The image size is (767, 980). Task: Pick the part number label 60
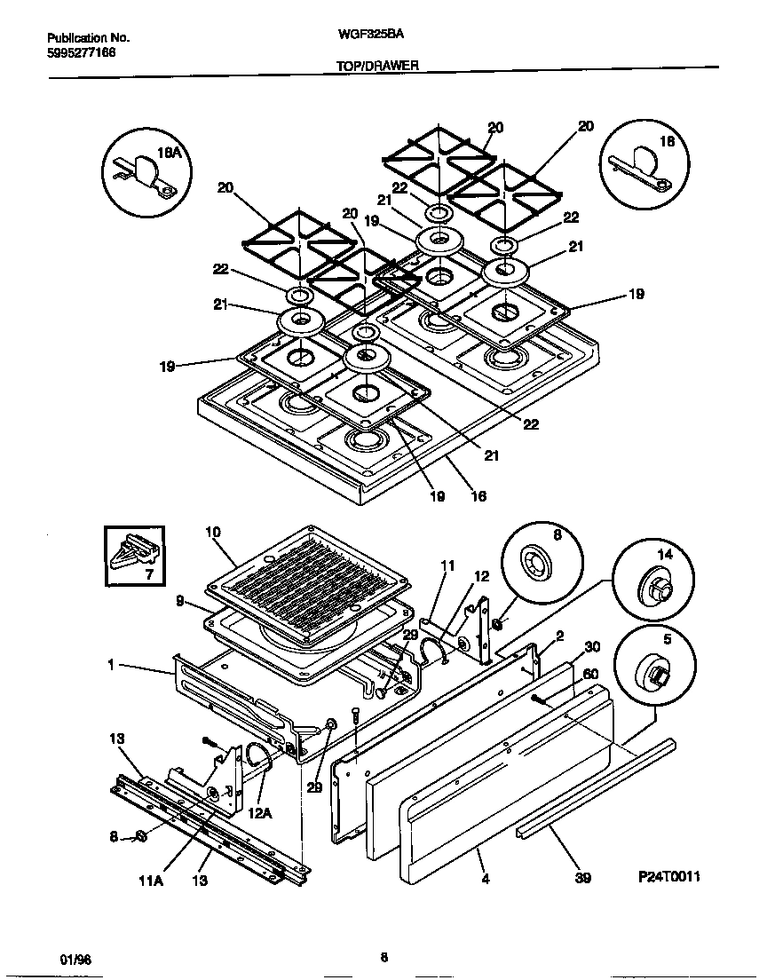coord(590,674)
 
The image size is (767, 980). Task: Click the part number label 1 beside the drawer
coord(111,663)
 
